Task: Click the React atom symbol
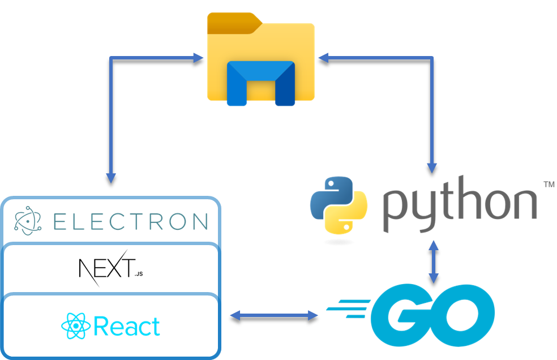(x=75, y=327)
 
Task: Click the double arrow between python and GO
(x=434, y=262)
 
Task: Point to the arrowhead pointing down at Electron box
(x=111, y=177)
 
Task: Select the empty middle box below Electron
(x=111, y=269)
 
